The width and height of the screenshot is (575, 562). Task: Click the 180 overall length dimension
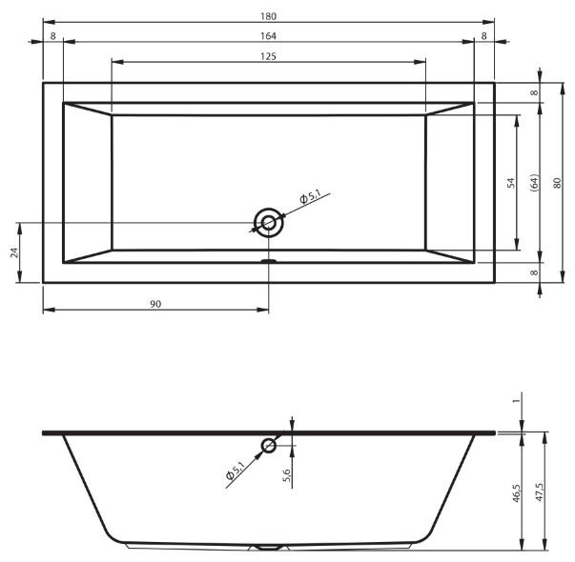click(x=269, y=16)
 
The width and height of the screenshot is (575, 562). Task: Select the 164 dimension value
click(x=269, y=36)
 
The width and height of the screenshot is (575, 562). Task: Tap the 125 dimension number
click(x=269, y=56)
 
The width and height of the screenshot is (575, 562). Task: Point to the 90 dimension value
click(x=155, y=304)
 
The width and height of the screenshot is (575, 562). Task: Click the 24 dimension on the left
click(x=14, y=252)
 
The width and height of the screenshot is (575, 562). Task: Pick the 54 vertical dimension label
click(x=510, y=183)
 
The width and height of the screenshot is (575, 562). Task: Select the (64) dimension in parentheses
click(x=535, y=183)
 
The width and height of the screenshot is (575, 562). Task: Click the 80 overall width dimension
click(x=557, y=183)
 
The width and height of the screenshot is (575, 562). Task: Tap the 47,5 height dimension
click(x=540, y=492)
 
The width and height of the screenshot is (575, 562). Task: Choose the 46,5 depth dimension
click(x=516, y=492)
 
